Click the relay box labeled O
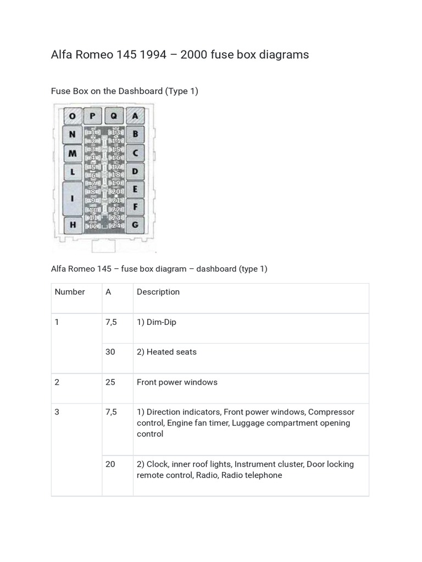tap(73, 116)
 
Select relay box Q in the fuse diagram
tap(114, 116)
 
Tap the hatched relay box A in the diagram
tap(135, 116)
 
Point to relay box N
tap(73, 134)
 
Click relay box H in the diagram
tap(73, 224)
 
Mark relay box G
tap(135, 224)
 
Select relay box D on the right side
tap(135, 171)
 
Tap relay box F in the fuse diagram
tap(135, 207)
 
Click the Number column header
tap(70, 292)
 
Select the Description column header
tap(158, 292)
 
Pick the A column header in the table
tap(108, 292)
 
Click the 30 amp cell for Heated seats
tap(110, 352)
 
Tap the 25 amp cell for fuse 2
tap(110, 382)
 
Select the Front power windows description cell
tap(177, 382)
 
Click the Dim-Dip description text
tap(157, 322)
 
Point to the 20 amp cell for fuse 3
tap(110, 464)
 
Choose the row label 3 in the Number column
tap(57, 412)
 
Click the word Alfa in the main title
tap(62, 55)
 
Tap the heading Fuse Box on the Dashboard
tap(124, 91)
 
